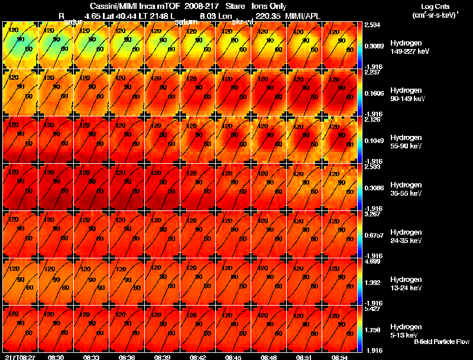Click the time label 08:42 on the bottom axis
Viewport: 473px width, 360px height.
coord(197,357)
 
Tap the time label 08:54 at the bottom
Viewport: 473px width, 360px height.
coord(339,357)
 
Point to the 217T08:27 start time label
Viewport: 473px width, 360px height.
coord(19,357)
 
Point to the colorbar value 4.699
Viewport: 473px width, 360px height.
coord(373,261)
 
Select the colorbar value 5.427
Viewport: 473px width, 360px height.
coord(373,308)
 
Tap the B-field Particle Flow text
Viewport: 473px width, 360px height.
coord(441,342)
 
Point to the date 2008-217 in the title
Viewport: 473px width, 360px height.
coord(202,7)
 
